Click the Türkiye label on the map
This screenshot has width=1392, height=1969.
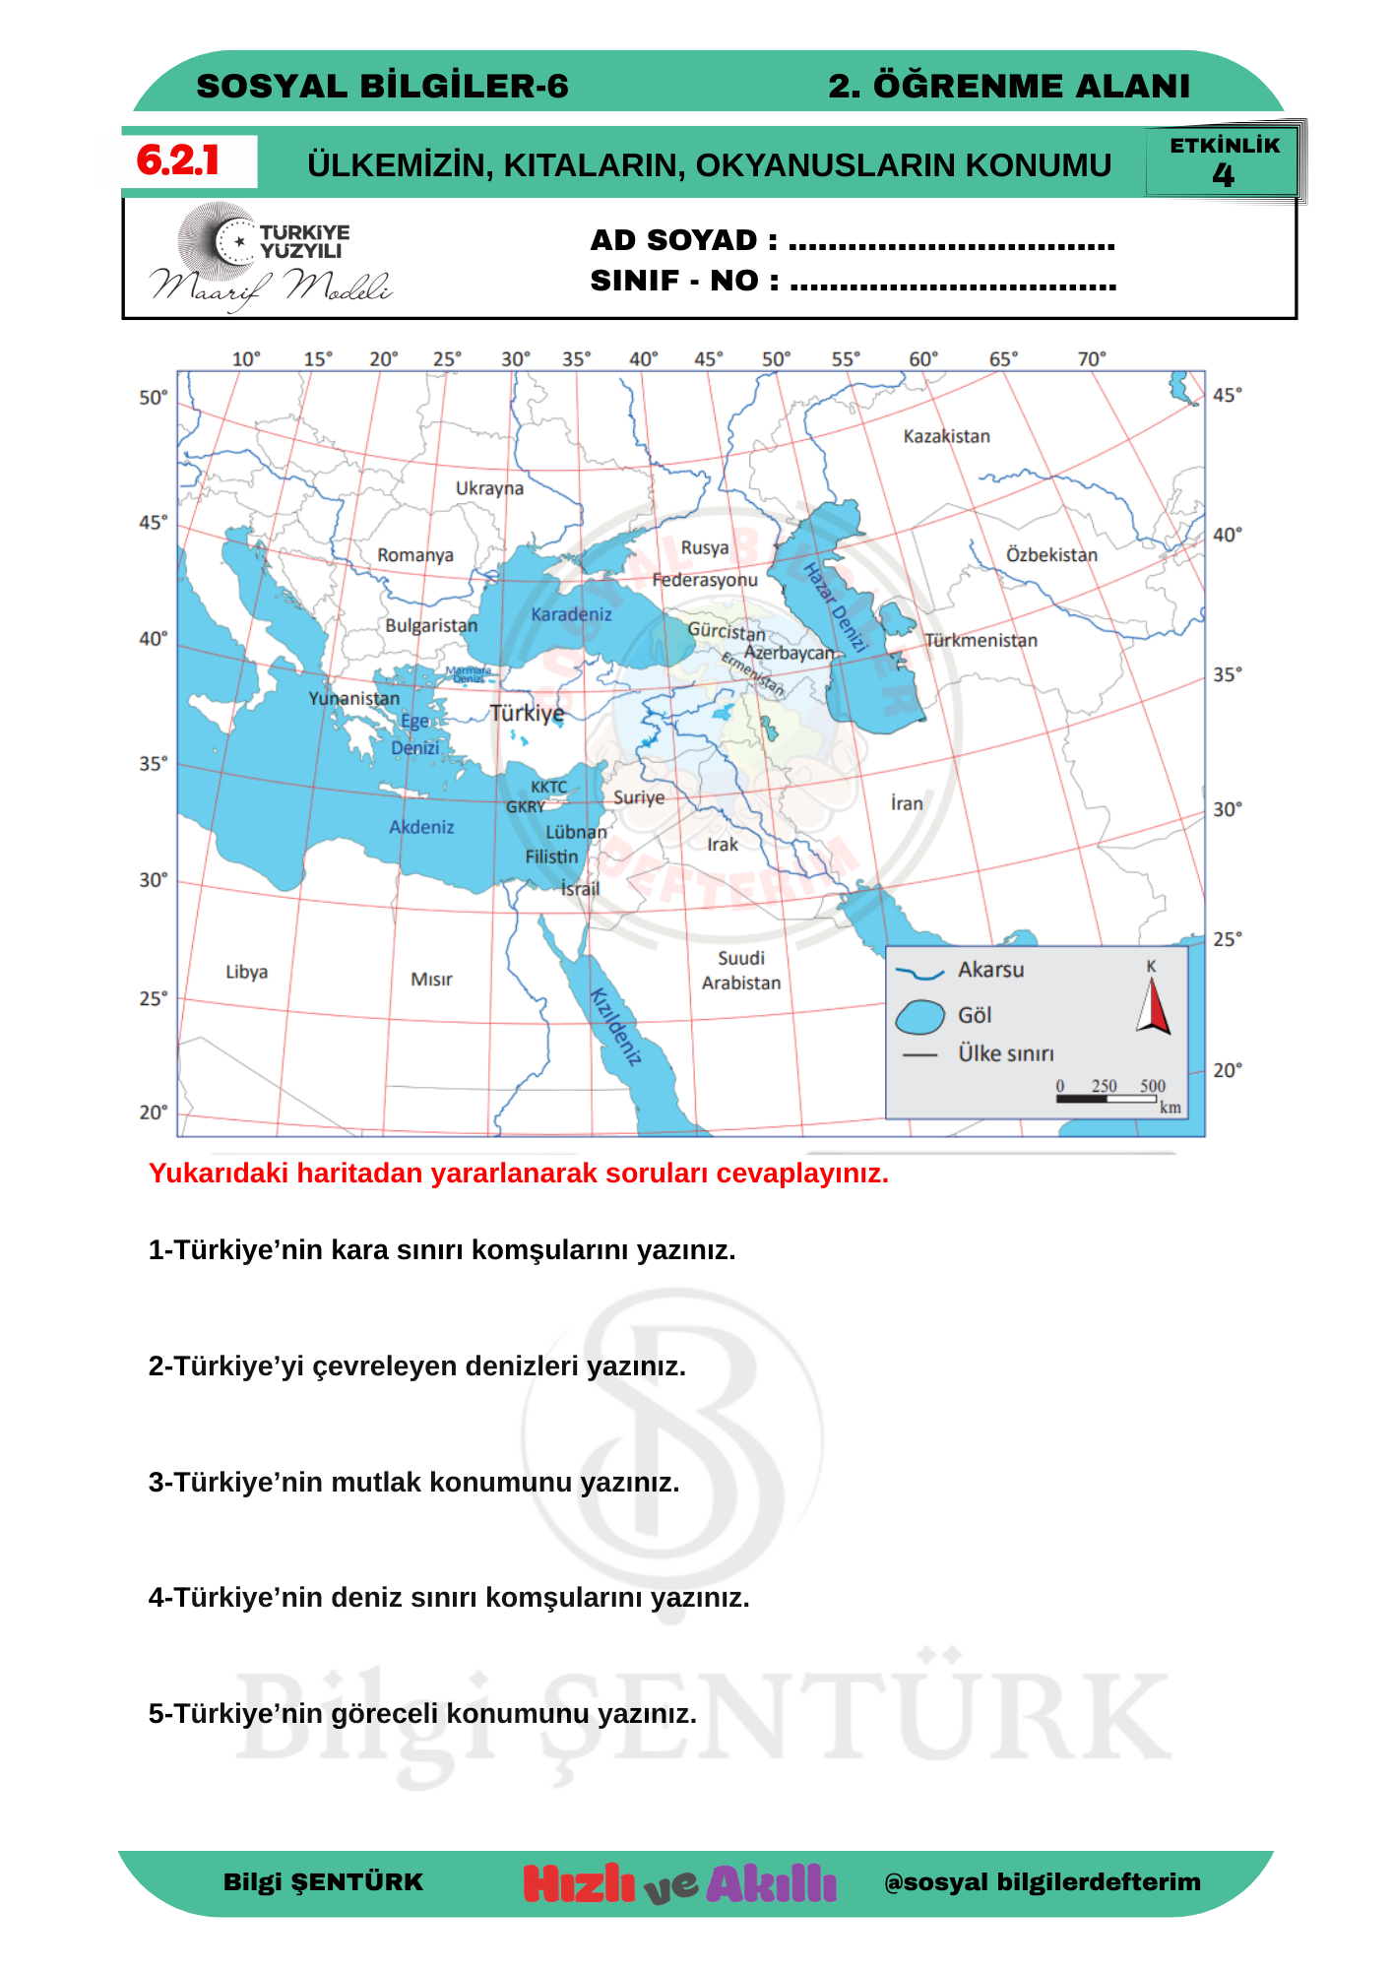(x=528, y=713)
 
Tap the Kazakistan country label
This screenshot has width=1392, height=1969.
(x=946, y=436)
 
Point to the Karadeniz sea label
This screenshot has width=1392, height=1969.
(x=571, y=614)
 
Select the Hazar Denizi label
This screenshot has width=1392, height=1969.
(x=835, y=607)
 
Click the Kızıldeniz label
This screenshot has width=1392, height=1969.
(x=616, y=1027)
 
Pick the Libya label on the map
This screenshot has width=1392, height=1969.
(x=246, y=972)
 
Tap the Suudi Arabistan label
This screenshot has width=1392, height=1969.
(x=741, y=971)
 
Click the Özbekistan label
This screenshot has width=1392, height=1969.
(x=1051, y=555)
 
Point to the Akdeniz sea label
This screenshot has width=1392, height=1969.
(x=421, y=827)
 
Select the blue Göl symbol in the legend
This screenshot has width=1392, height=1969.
(x=920, y=1017)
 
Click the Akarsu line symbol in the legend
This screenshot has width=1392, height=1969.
(x=919, y=973)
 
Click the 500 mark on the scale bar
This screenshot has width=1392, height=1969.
(x=1153, y=1086)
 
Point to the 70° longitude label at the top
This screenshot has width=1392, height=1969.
(x=1092, y=359)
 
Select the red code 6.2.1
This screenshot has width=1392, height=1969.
(x=178, y=160)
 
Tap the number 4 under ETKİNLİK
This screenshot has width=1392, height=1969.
(x=1223, y=176)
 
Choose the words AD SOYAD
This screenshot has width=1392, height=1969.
(x=673, y=240)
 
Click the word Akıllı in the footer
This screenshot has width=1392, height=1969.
(x=771, y=1883)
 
